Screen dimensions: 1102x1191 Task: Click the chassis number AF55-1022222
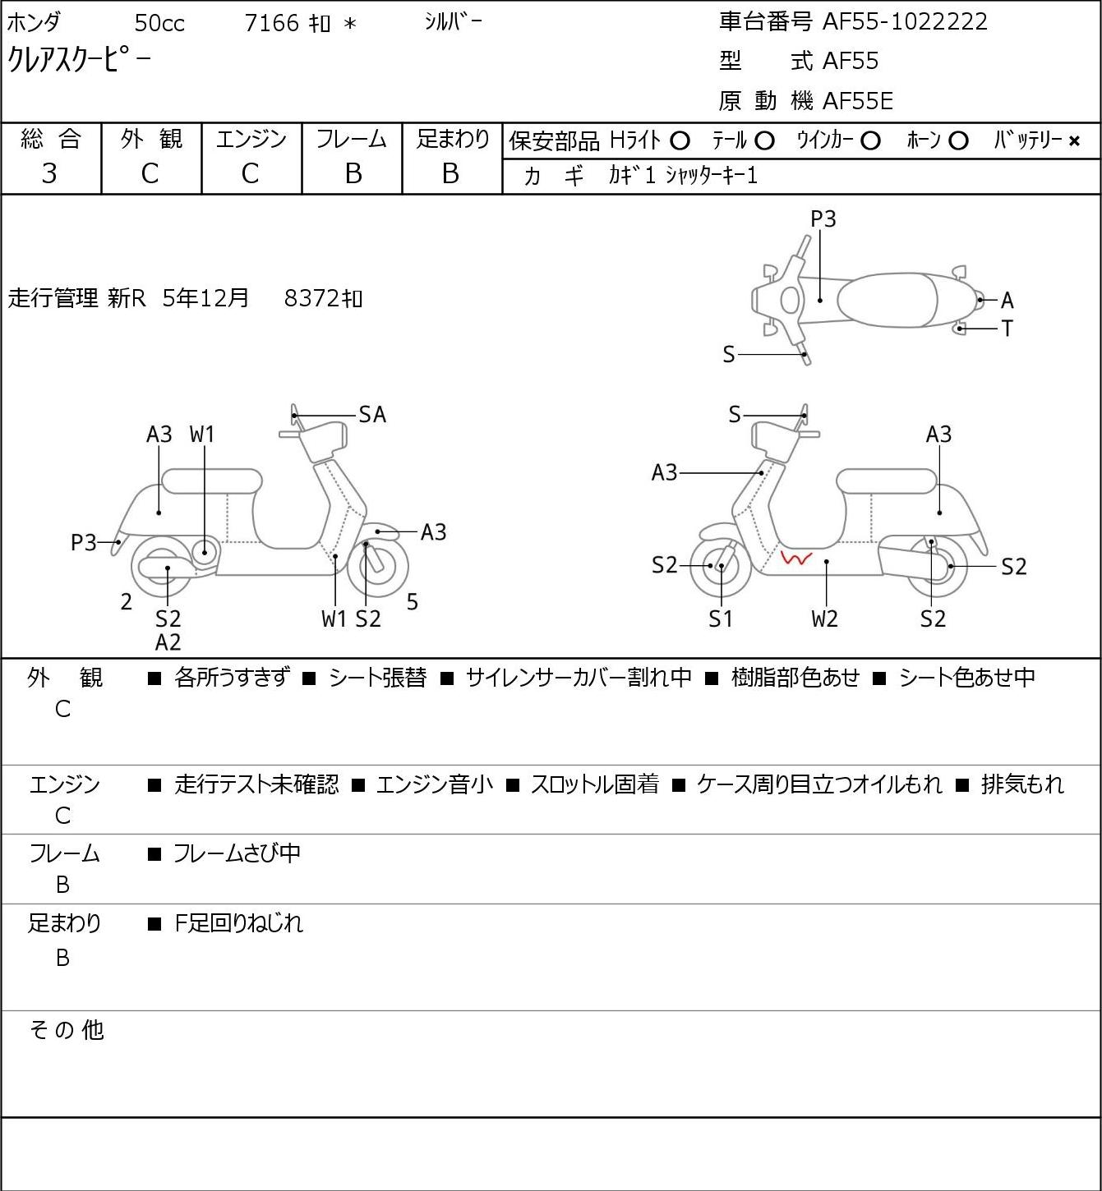pyautogui.click(x=905, y=22)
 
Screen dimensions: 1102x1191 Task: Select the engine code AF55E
pyautogui.click(x=858, y=101)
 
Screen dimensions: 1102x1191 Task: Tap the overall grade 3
pyautogui.click(x=49, y=173)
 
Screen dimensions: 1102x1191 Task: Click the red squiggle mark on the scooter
pyautogui.click(x=795, y=559)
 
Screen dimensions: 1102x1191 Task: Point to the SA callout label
pyautogui.click(x=372, y=415)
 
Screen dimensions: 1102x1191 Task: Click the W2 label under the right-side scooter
pyautogui.click(x=825, y=618)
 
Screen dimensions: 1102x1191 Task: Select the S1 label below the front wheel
pyautogui.click(x=721, y=618)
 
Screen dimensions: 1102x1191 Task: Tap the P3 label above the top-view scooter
pyautogui.click(x=823, y=218)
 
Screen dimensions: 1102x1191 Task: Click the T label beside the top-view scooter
pyautogui.click(x=1007, y=328)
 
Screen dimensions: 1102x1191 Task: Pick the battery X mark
pyautogui.click(x=1074, y=141)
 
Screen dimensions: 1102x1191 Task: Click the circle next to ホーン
pyautogui.click(x=958, y=141)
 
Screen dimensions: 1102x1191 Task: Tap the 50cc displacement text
pyautogui.click(x=159, y=23)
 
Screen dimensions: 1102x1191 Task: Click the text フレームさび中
pyautogui.click(x=237, y=853)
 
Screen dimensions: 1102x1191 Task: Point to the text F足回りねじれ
pyautogui.click(x=239, y=923)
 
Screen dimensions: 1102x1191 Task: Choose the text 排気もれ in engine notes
pyautogui.click(x=1022, y=784)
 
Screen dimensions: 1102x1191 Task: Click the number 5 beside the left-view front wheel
pyautogui.click(x=412, y=601)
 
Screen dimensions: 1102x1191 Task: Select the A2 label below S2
pyautogui.click(x=168, y=642)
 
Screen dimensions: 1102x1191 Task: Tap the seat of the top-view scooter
pyautogui.click(x=887, y=300)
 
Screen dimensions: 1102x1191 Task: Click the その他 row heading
pyautogui.click(x=67, y=1030)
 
